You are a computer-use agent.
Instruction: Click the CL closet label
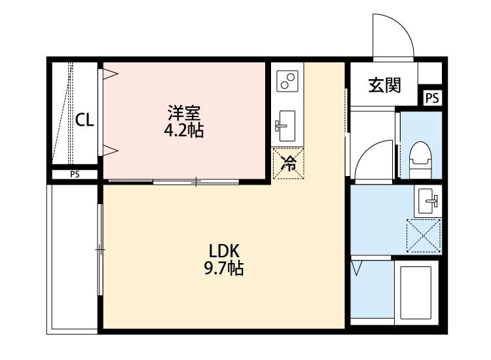84,120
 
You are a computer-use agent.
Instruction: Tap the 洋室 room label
184,113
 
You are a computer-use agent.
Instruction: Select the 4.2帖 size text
184,130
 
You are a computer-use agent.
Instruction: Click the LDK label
224,251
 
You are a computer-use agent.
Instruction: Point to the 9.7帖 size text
224,268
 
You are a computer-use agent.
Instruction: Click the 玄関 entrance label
384,85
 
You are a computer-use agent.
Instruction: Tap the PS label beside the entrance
433,98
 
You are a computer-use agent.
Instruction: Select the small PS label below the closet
75,174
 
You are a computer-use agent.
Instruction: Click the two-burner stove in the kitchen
287,81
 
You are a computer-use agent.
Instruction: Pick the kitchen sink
285,126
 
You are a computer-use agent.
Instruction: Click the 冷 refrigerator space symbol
289,164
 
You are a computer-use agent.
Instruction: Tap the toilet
420,160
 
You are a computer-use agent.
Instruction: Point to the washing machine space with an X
424,236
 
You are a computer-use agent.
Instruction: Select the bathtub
416,293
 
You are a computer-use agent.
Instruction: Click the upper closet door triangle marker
110,74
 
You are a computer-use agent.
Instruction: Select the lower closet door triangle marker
110,151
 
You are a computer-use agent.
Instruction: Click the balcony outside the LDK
72,259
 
